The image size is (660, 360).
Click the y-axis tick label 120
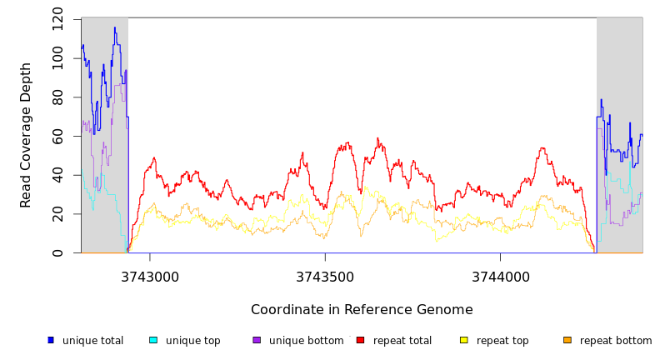(x=57, y=18)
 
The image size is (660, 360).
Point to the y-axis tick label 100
(x=57, y=57)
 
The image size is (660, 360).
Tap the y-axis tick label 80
(x=57, y=97)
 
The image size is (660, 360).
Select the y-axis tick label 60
(x=57, y=136)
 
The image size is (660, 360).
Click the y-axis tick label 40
(x=57, y=175)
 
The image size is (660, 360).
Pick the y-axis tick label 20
(x=57, y=214)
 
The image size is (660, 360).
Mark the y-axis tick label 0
(x=57, y=253)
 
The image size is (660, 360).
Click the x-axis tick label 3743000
(x=150, y=277)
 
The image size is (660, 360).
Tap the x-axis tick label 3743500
(x=325, y=277)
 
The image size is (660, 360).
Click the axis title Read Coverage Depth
(x=27, y=135)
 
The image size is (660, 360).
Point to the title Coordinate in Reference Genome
(x=362, y=310)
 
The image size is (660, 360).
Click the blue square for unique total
(x=51, y=340)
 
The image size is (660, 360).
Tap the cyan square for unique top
(x=153, y=340)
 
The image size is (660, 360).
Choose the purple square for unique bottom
(x=257, y=340)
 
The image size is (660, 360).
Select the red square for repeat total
(x=360, y=340)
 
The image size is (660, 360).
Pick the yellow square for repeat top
(x=464, y=340)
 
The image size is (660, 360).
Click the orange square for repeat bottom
(x=567, y=340)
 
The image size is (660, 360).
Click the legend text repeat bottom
(x=616, y=341)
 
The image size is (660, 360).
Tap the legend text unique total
(x=92, y=341)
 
